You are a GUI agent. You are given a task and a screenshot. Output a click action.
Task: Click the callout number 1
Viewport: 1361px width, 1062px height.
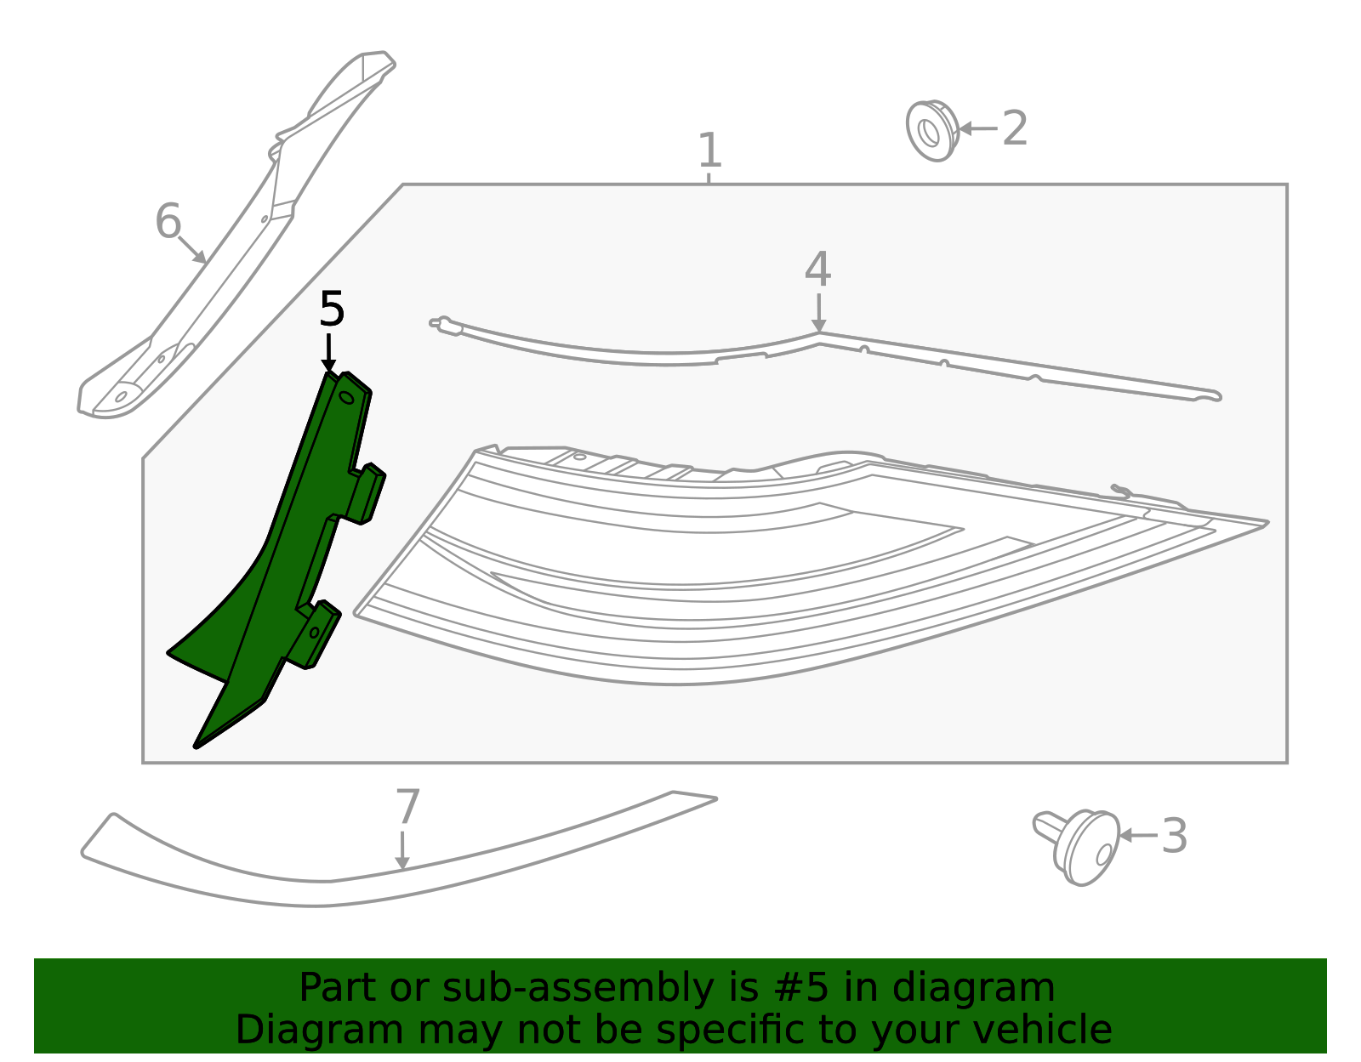click(x=709, y=150)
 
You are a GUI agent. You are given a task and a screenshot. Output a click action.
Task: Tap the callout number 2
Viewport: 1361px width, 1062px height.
click(x=1015, y=128)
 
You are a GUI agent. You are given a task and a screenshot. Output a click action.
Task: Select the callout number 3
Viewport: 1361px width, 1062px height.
click(x=1175, y=836)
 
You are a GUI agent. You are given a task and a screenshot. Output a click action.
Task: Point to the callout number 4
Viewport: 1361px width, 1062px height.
click(x=818, y=269)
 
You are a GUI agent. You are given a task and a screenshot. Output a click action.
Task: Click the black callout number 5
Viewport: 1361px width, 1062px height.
click(x=332, y=309)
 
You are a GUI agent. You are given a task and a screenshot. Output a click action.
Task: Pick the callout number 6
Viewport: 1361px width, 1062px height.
click(x=168, y=221)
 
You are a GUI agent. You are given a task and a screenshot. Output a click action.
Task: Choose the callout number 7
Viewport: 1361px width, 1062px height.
click(x=408, y=807)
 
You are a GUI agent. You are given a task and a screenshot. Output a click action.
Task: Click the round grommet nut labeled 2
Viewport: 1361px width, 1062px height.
click(x=932, y=131)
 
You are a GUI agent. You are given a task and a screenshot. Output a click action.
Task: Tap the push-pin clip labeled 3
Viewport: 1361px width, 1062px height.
click(x=1077, y=848)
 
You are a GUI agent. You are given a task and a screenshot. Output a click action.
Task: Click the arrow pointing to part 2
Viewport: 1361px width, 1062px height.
click(x=978, y=129)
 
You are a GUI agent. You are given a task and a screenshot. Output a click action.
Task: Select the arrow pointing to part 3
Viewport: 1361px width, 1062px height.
click(x=1138, y=836)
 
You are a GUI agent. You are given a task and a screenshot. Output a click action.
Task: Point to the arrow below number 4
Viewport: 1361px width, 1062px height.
click(x=818, y=313)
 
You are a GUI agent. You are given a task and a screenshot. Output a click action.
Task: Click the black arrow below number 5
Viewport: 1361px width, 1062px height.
click(x=328, y=353)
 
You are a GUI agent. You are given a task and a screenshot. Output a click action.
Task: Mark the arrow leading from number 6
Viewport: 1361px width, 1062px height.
click(x=192, y=250)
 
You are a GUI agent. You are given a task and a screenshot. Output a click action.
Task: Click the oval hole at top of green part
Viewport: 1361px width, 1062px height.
click(x=346, y=397)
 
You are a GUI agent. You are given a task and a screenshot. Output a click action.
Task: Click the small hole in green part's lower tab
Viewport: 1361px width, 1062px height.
click(x=315, y=633)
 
